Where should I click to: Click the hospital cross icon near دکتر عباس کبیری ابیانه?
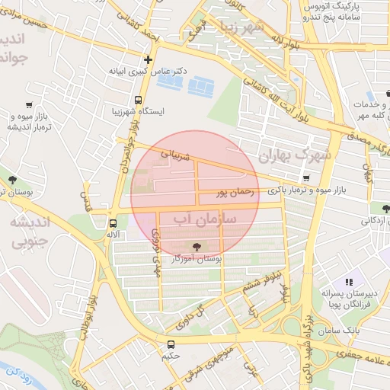(x=148, y=59)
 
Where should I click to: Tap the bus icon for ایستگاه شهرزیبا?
(x=138, y=100)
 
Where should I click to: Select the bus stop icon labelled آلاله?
(x=113, y=224)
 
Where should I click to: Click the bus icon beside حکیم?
(x=170, y=344)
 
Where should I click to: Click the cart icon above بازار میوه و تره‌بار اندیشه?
(x=29, y=105)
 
